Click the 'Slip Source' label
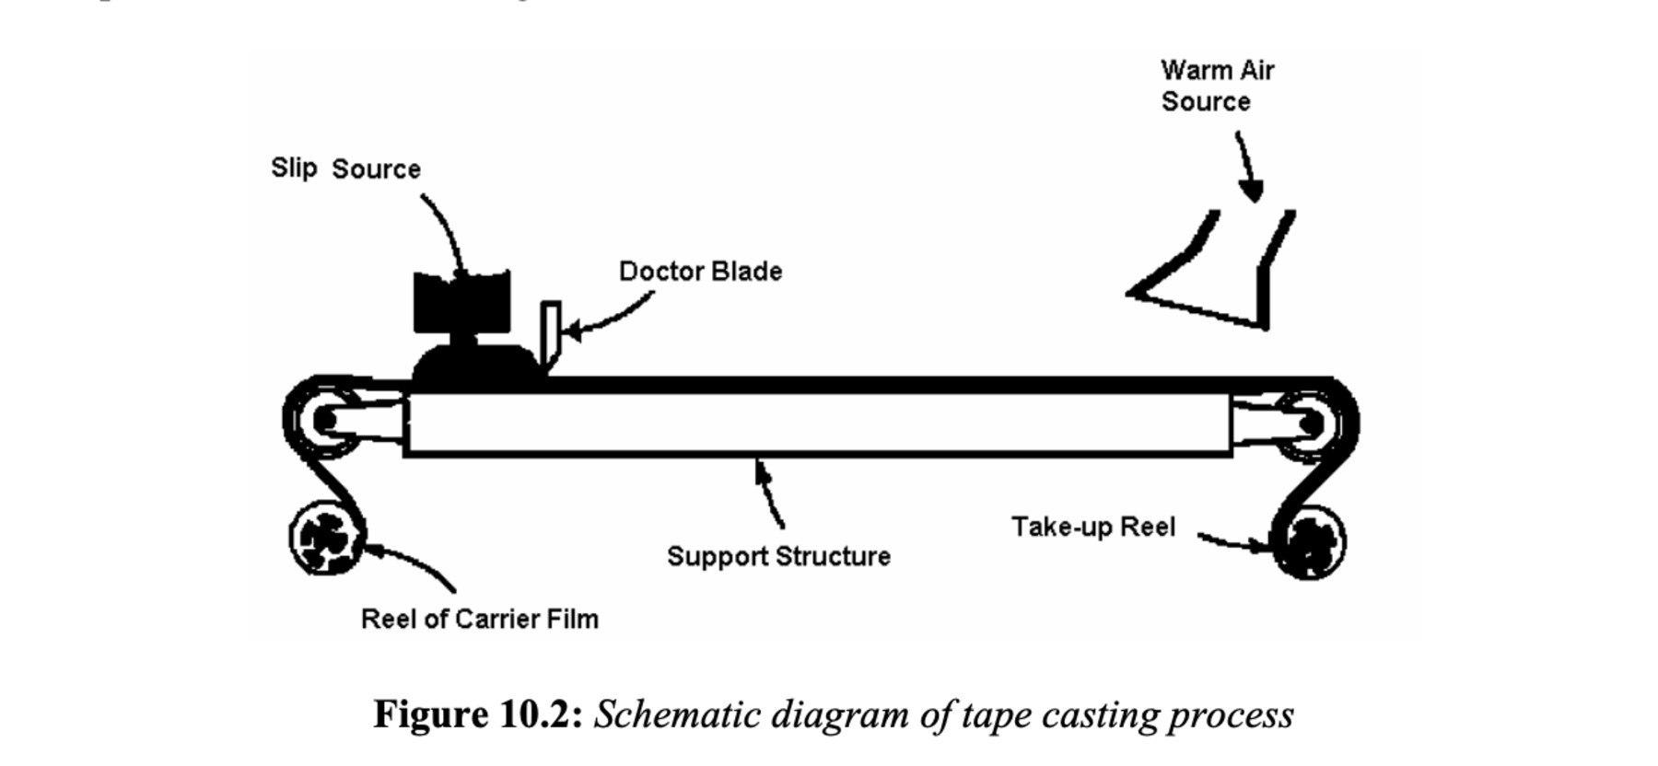(x=345, y=168)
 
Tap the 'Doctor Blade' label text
(x=700, y=272)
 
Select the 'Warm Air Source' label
(x=1216, y=86)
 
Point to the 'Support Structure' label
(x=778, y=556)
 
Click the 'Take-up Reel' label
(x=1093, y=527)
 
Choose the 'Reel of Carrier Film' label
(x=479, y=619)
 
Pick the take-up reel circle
(x=1309, y=543)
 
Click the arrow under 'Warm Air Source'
(x=1245, y=166)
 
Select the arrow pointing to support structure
(x=769, y=493)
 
